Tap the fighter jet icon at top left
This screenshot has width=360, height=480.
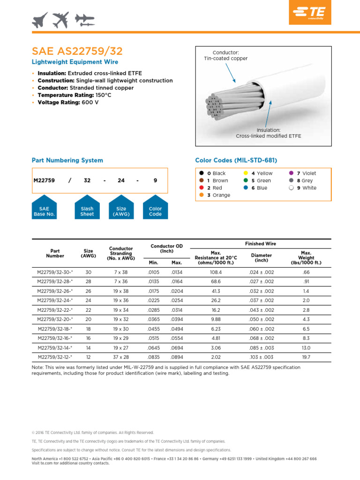point(41,20)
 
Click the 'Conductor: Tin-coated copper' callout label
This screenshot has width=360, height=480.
point(225,56)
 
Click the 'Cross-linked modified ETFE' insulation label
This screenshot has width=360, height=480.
point(268,136)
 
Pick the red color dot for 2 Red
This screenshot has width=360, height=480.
point(201,188)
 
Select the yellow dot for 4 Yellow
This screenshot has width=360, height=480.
point(245,173)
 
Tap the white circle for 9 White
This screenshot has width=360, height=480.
point(291,188)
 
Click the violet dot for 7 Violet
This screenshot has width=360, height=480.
point(291,173)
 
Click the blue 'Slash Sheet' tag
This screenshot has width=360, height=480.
point(87,211)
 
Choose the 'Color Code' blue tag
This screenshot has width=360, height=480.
point(155,211)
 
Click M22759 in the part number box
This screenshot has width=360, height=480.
point(45,180)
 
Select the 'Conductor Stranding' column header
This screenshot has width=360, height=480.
point(121,253)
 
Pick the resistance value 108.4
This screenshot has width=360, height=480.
point(216,271)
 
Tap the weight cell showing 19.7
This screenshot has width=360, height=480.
point(306,357)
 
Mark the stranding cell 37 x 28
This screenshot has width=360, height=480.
point(121,357)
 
